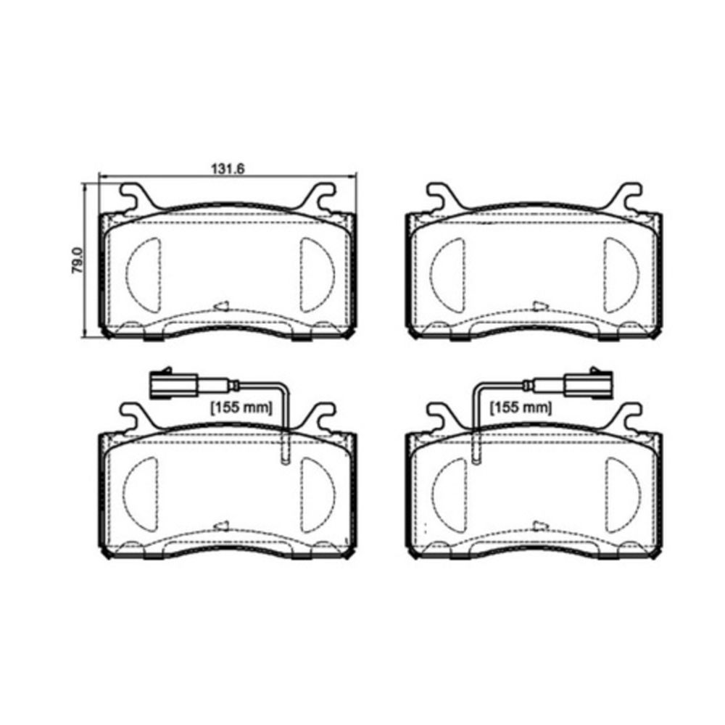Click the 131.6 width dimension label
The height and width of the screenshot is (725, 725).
click(x=228, y=169)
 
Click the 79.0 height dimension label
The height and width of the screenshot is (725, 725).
click(x=78, y=260)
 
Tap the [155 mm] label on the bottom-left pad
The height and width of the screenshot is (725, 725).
click(x=241, y=407)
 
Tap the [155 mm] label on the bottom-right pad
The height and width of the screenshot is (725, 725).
click(x=521, y=407)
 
